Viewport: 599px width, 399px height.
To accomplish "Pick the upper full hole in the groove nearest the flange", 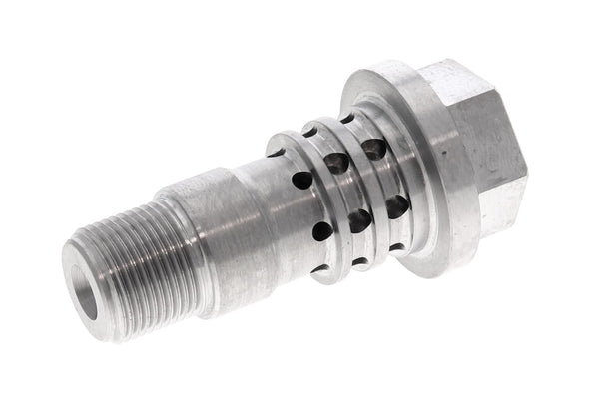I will pyautogui.click(x=374, y=150).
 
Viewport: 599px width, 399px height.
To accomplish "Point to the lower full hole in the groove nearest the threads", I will pyautogui.click(x=321, y=231).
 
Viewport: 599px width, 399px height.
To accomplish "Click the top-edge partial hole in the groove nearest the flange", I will pyautogui.click(x=347, y=118).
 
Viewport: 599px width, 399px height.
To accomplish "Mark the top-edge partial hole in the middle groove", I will pyautogui.click(x=310, y=132).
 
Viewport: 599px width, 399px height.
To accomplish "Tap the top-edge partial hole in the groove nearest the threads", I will pyautogui.click(x=276, y=152).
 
